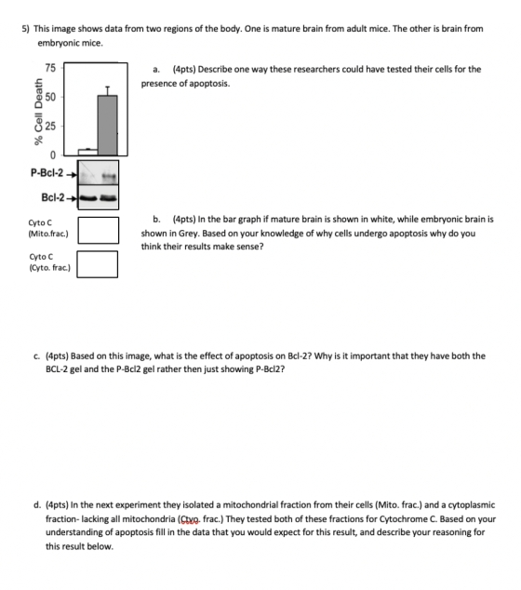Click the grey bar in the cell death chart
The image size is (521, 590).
click(x=108, y=125)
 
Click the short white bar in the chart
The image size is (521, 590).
click(x=88, y=152)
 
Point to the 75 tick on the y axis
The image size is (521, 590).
click(x=50, y=68)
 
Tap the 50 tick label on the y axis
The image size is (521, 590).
click(x=50, y=97)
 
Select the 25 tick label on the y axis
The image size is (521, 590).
click(x=50, y=126)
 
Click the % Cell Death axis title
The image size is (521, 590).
click(x=39, y=112)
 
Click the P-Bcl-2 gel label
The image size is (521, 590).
click(x=47, y=173)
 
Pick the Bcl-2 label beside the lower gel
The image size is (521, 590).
click(x=53, y=197)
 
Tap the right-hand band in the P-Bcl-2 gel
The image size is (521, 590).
click(x=109, y=176)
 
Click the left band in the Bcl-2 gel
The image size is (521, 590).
click(x=88, y=198)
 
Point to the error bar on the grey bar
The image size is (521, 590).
click(x=108, y=91)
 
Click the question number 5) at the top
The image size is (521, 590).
click(x=26, y=29)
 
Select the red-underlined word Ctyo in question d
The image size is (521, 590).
click(x=190, y=519)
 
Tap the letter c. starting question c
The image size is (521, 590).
click(x=37, y=356)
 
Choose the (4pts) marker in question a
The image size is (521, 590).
click(x=184, y=69)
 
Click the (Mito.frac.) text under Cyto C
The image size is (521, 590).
click(x=48, y=234)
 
